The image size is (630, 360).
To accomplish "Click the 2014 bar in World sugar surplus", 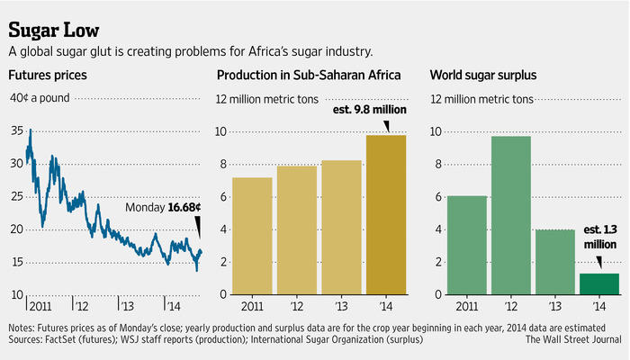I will click(x=598, y=283).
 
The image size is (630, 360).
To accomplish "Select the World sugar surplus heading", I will click(x=484, y=75).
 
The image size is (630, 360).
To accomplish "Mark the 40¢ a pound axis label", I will click(x=41, y=98).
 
